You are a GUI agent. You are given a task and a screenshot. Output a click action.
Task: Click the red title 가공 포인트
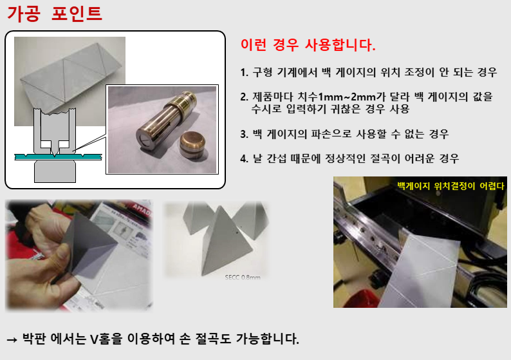pos(55,14)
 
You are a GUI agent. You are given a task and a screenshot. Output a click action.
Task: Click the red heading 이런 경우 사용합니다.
pos(308,46)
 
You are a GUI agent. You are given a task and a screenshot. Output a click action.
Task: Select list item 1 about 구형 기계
pos(368,73)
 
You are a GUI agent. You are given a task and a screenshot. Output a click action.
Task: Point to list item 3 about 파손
pos(344,135)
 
